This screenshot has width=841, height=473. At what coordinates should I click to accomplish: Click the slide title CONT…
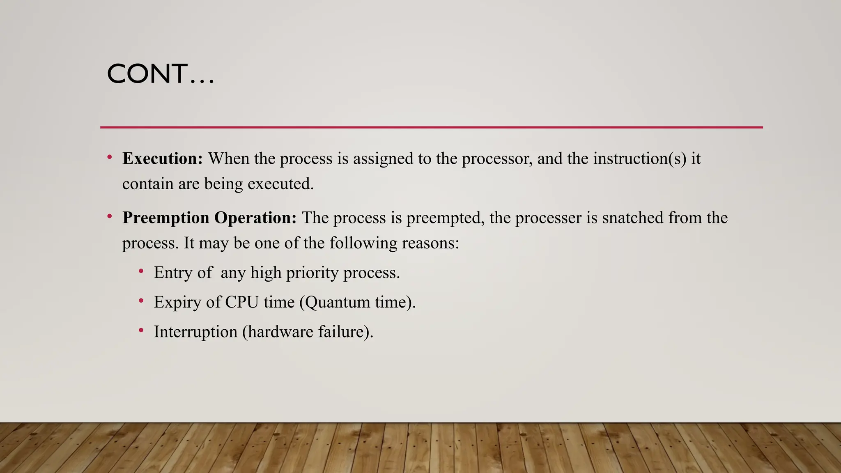coord(160,74)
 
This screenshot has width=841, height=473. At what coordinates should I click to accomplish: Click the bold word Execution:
coord(163,158)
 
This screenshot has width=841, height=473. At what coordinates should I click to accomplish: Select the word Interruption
coord(195,332)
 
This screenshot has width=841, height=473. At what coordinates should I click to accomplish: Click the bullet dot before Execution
coord(110,157)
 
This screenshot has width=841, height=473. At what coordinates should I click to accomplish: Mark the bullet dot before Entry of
coord(141,271)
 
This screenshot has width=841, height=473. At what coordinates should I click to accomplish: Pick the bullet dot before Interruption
coord(141,330)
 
